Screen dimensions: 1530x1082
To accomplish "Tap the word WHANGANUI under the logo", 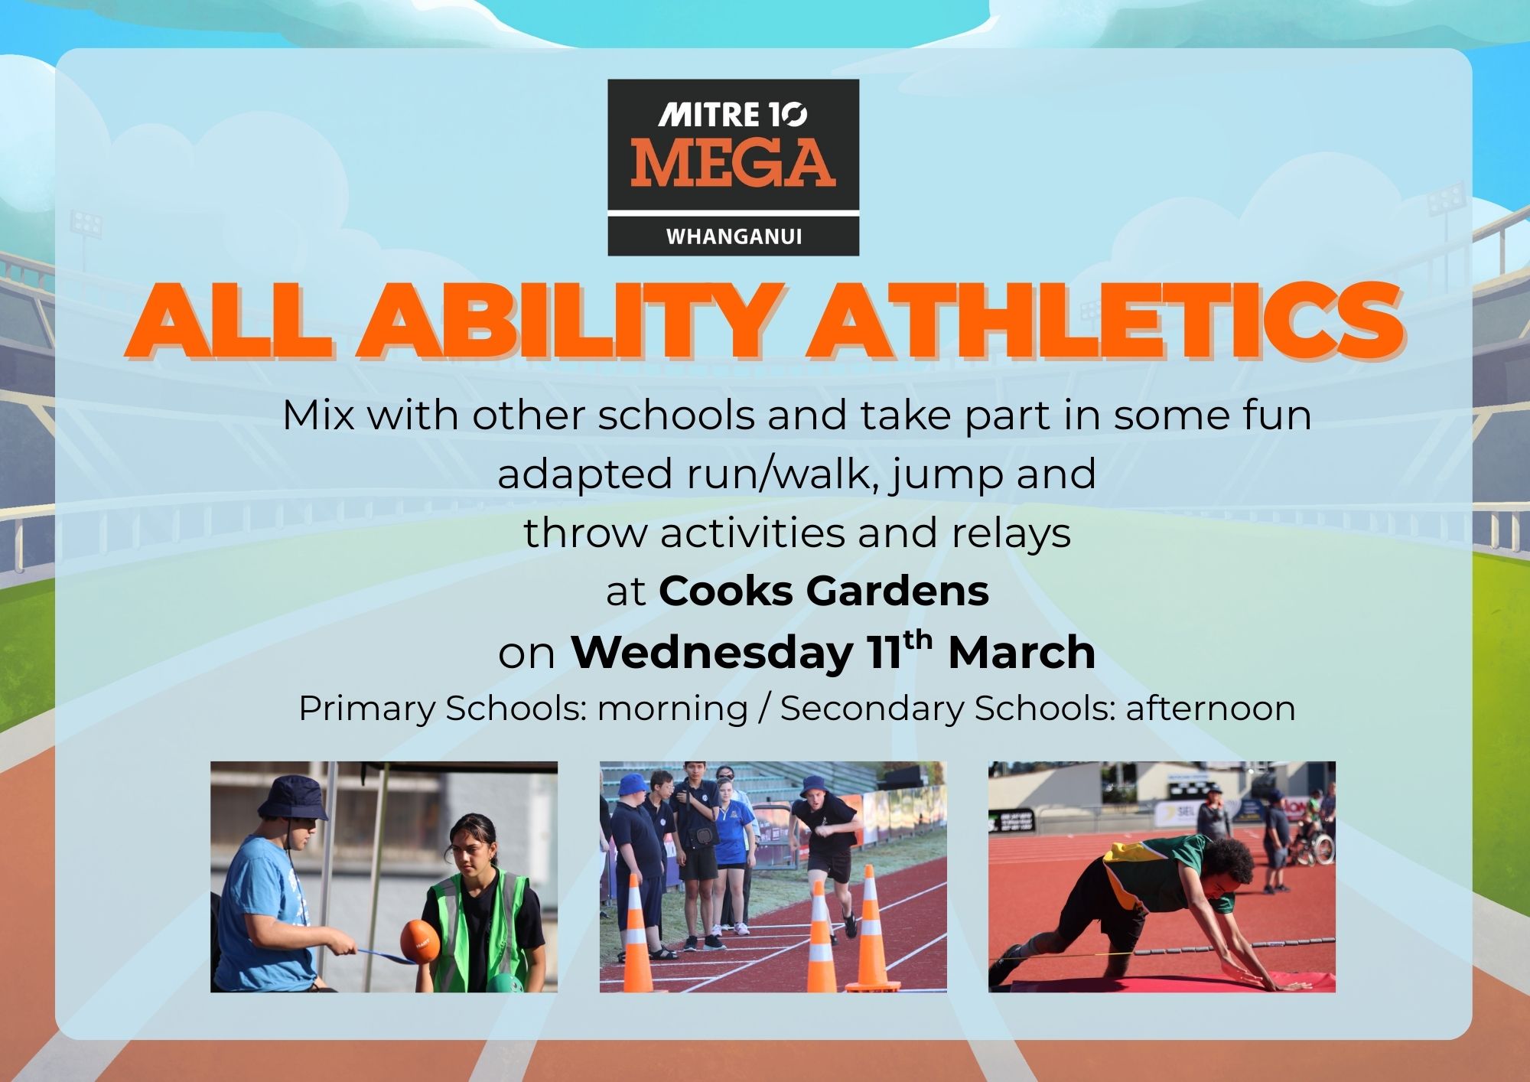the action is click(x=734, y=236).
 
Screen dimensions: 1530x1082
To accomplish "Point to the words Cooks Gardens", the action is click(x=824, y=591).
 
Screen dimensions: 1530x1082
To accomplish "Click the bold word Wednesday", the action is click(x=712, y=653).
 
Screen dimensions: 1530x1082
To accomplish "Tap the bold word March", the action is click(x=1022, y=653).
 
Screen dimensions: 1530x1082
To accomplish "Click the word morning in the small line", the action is click(x=672, y=709).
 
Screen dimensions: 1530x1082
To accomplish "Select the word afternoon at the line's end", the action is click(x=1211, y=708).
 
